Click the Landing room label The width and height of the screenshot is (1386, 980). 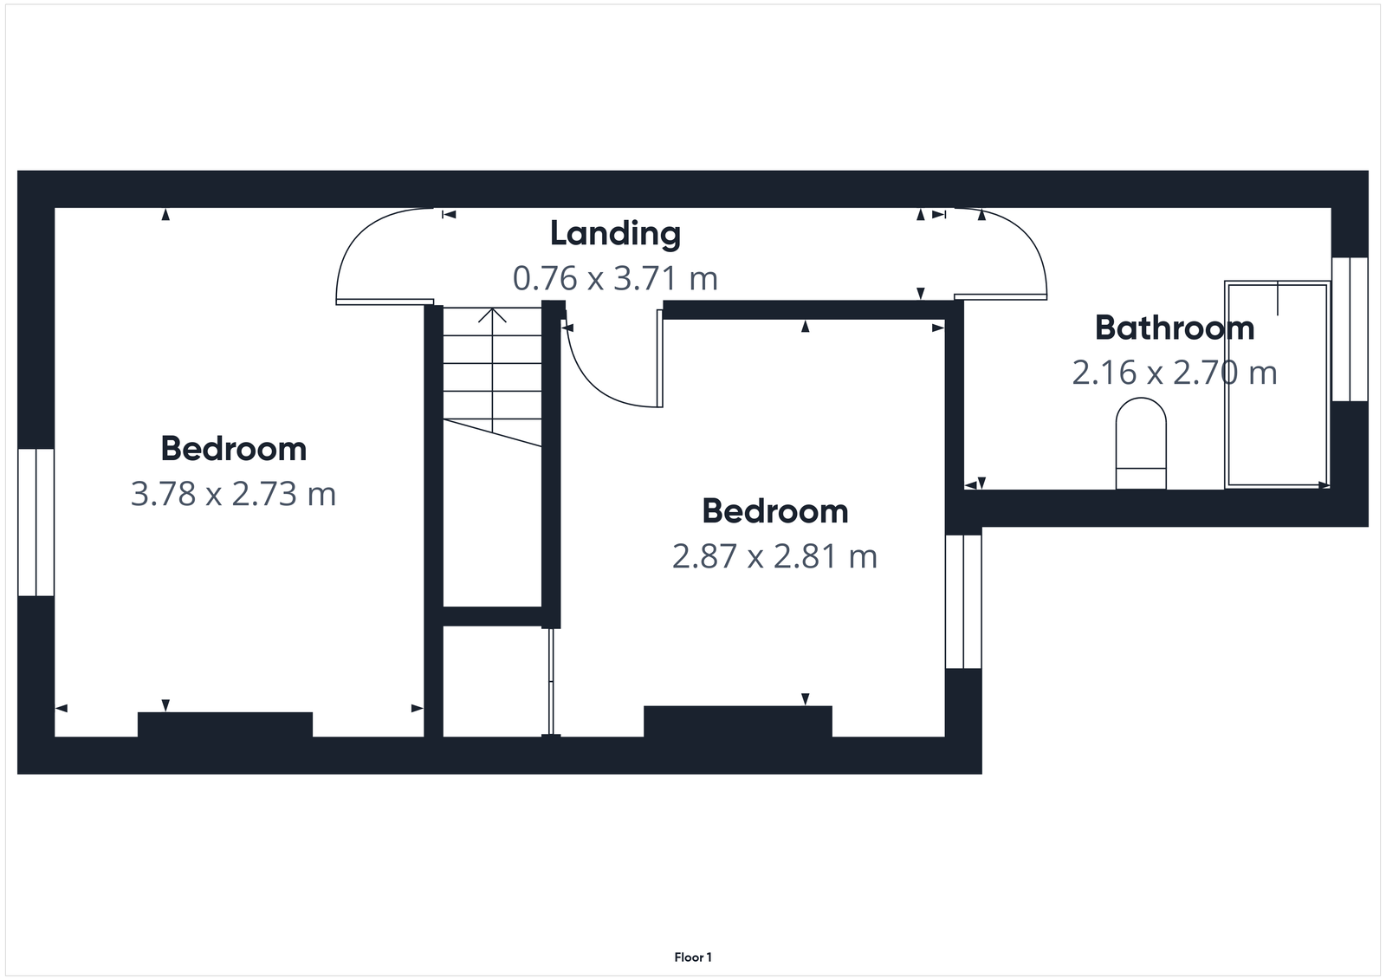(x=615, y=233)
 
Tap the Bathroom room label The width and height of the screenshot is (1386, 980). (x=1174, y=328)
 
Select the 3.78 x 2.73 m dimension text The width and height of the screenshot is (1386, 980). (x=233, y=494)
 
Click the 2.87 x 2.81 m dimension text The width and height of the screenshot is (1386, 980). (x=774, y=556)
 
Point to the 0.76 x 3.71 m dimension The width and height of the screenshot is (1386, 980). (x=615, y=279)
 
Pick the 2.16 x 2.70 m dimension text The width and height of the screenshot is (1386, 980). (x=1174, y=373)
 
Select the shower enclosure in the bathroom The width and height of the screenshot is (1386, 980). (x=1276, y=384)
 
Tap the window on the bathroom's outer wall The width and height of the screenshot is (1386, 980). (x=1349, y=329)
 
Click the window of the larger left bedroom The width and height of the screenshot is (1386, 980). (x=36, y=522)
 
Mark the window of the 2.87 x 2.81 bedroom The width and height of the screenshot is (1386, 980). (x=962, y=601)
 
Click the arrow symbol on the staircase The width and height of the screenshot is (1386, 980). (x=493, y=317)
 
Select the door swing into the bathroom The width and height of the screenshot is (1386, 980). (x=1005, y=251)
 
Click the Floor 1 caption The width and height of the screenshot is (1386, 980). (x=693, y=957)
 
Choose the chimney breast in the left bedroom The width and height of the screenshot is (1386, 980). (x=225, y=724)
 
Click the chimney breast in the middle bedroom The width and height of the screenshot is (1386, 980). (x=737, y=721)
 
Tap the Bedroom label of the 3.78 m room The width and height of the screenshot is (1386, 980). (x=233, y=449)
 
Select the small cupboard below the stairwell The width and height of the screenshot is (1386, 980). (x=495, y=681)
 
